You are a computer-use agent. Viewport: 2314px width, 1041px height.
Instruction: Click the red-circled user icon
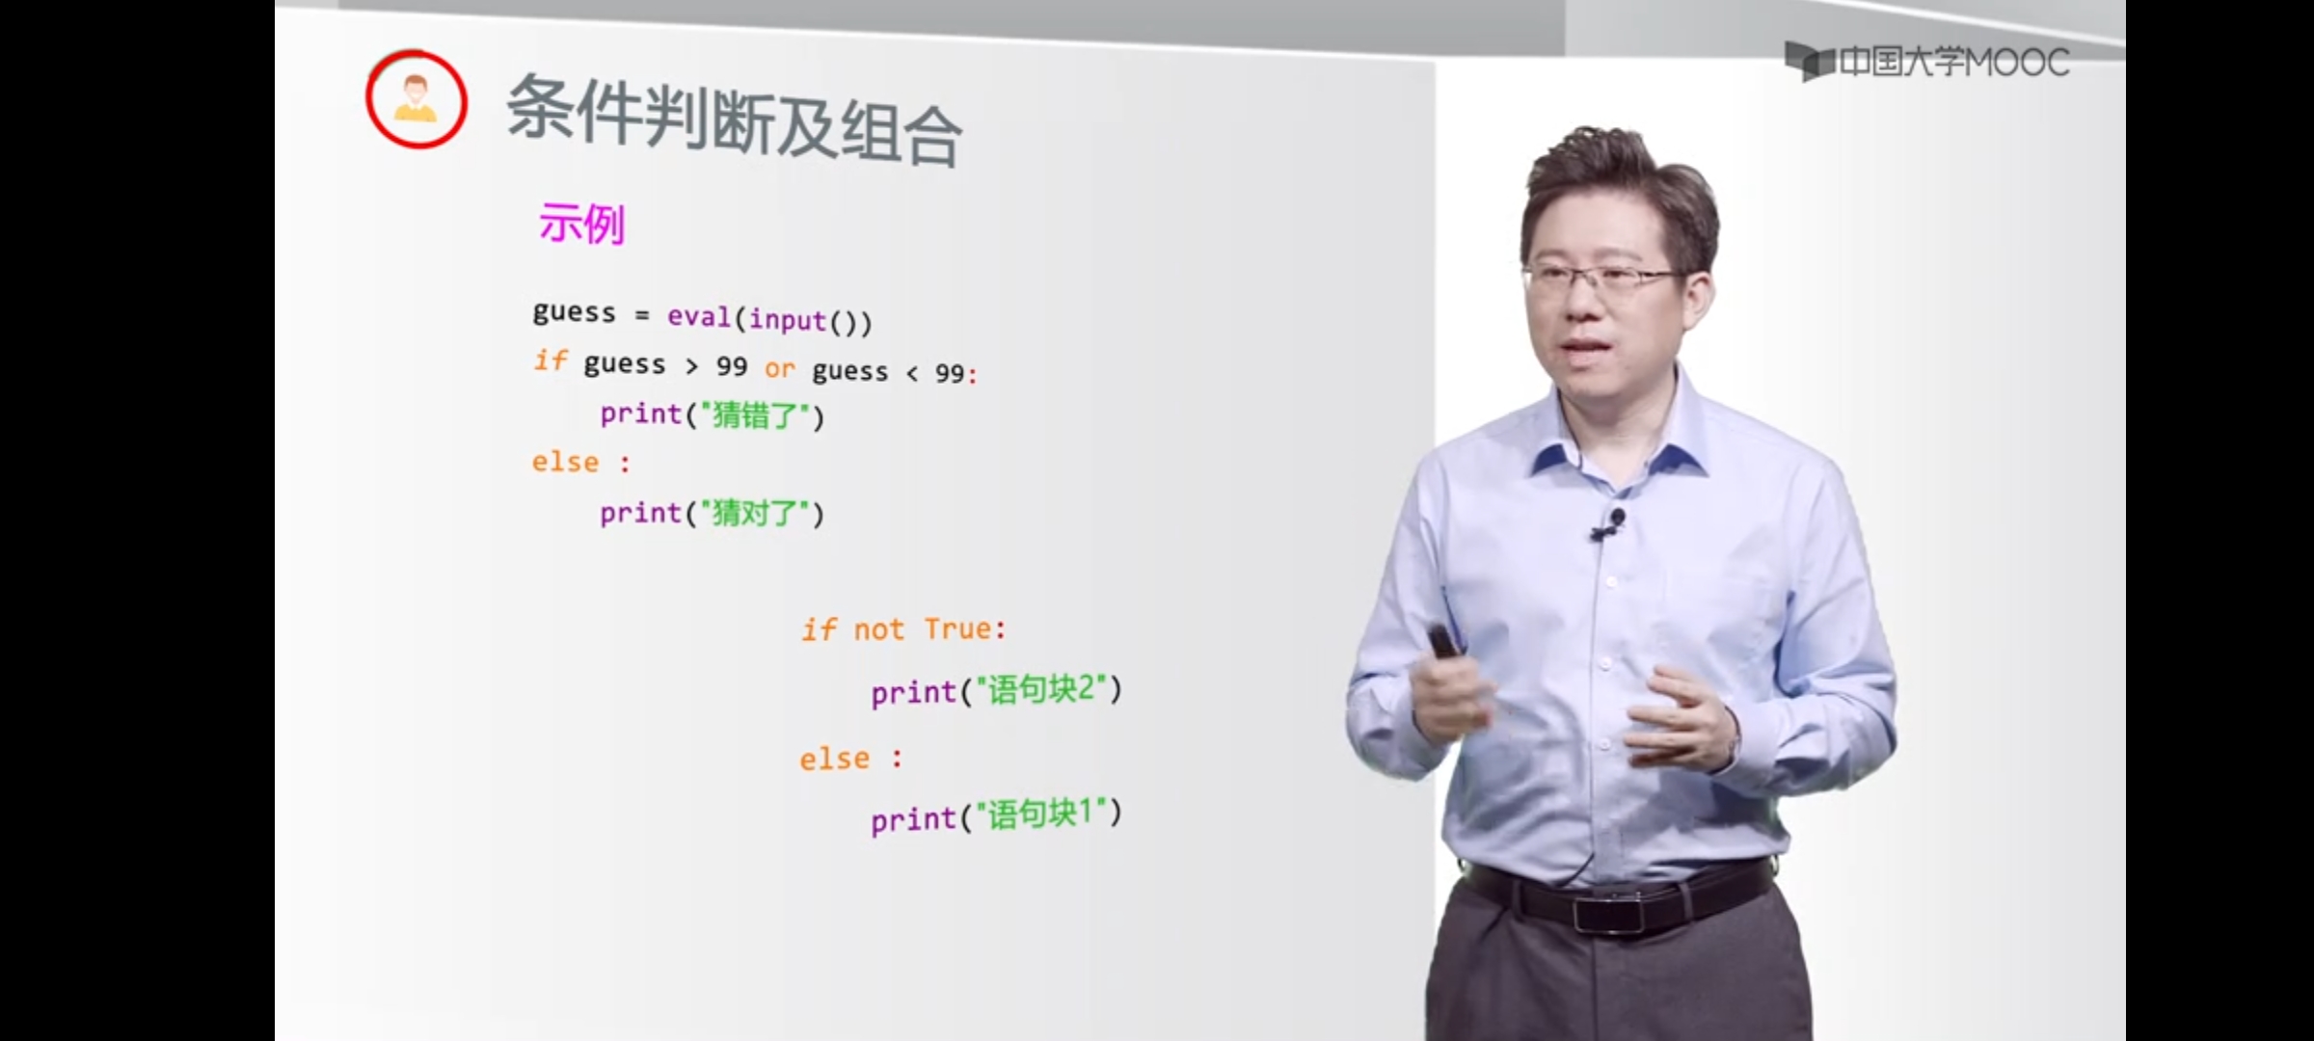417,99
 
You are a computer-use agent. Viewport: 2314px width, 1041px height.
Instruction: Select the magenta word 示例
582,225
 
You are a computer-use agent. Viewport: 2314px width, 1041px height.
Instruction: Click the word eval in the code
699,316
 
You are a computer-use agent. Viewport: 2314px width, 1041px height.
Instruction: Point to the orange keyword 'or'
780,368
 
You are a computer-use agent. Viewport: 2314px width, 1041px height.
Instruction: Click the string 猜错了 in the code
756,415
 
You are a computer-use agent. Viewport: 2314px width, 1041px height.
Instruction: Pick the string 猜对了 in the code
756,513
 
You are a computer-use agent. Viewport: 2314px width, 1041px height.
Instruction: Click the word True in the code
958,628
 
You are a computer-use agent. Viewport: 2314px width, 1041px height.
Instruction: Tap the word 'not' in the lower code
878,629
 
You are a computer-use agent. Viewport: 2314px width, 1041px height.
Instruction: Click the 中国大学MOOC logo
1927,62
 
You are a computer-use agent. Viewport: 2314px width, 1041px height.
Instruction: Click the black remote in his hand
1444,642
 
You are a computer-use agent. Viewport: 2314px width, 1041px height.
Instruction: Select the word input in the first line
788,319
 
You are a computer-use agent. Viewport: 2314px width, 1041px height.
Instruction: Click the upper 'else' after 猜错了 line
565,462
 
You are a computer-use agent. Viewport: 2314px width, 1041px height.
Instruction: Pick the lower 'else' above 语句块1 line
834,759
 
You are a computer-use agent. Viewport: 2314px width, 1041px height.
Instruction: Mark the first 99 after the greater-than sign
732,366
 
